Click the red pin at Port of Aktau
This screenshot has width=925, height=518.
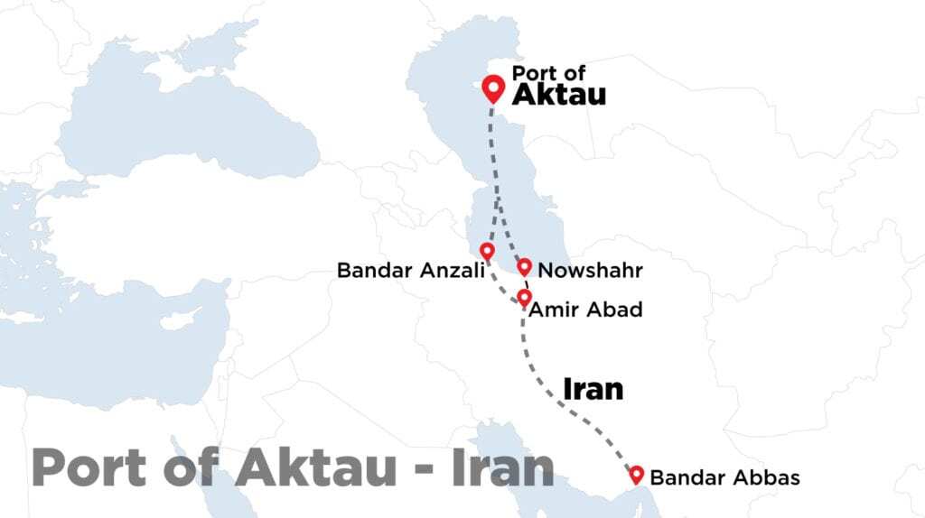coord(492,88)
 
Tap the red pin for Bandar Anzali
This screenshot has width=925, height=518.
coord(487,251)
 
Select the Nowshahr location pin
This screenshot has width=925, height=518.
coord(524,266)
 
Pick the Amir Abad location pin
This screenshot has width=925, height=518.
coord(524,297)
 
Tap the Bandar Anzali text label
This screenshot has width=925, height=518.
coord(405,270)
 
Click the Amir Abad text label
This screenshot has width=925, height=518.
coord(584,310)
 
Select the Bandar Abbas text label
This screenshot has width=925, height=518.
coord(724,477)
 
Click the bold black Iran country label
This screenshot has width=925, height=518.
coord(593,388)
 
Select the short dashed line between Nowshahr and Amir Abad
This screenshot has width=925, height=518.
coord(526,282)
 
